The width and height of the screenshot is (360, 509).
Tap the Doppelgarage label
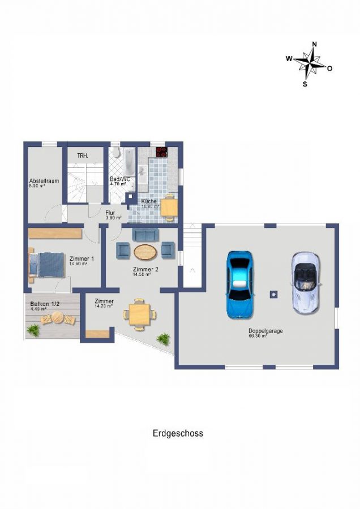coord(265,331)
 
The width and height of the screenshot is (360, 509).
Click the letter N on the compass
coord(314,44)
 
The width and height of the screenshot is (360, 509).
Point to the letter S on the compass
coord(305,84)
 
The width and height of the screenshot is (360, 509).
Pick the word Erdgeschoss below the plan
coord(178,434)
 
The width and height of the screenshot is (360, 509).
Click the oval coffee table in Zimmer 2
coord(146,250)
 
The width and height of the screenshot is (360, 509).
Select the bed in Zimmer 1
coord(48,264)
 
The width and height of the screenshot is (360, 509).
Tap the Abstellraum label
coord(44,182)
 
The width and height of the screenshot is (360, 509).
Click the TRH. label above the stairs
coord(83,156)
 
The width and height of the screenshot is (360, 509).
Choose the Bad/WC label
coord(120,179)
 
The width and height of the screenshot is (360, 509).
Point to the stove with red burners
coord(162,152)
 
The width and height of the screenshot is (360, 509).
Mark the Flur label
coord(110,213)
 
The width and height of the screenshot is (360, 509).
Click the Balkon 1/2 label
coord(45,304)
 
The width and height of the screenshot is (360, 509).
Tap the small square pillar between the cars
coord(273,294)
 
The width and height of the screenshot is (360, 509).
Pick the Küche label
coord(149,201)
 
